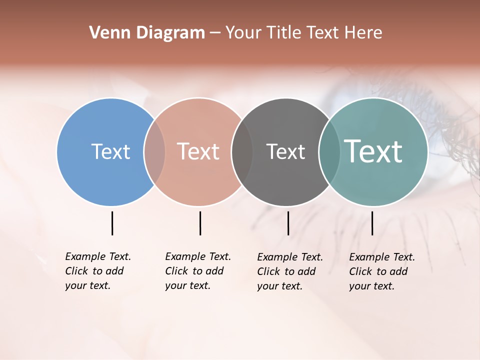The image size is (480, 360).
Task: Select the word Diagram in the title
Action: coord(170,33)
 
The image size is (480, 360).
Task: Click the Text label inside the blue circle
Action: coord(110,151)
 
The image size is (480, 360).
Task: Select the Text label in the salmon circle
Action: coord(198,151)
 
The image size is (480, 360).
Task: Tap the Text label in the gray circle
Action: coord(285,151)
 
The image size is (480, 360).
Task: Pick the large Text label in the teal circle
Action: coord(373,151)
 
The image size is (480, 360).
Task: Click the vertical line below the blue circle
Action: coord(112,223)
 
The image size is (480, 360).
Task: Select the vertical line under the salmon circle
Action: coord(200,223)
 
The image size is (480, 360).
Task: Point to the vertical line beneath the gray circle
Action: coord(288,223)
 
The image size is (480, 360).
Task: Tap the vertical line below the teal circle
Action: coord(372,223)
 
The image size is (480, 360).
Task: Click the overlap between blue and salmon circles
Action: coord(154,151)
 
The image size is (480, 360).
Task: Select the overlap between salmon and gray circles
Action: coord(242,151)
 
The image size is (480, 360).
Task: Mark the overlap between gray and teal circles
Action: coord(329,151)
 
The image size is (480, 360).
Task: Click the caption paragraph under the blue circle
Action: coord(98,271)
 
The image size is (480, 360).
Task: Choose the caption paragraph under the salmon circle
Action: coord(198,271)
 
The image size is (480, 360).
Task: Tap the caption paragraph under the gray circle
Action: coord(290,271)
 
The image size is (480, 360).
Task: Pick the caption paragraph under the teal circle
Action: coord(382,271)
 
